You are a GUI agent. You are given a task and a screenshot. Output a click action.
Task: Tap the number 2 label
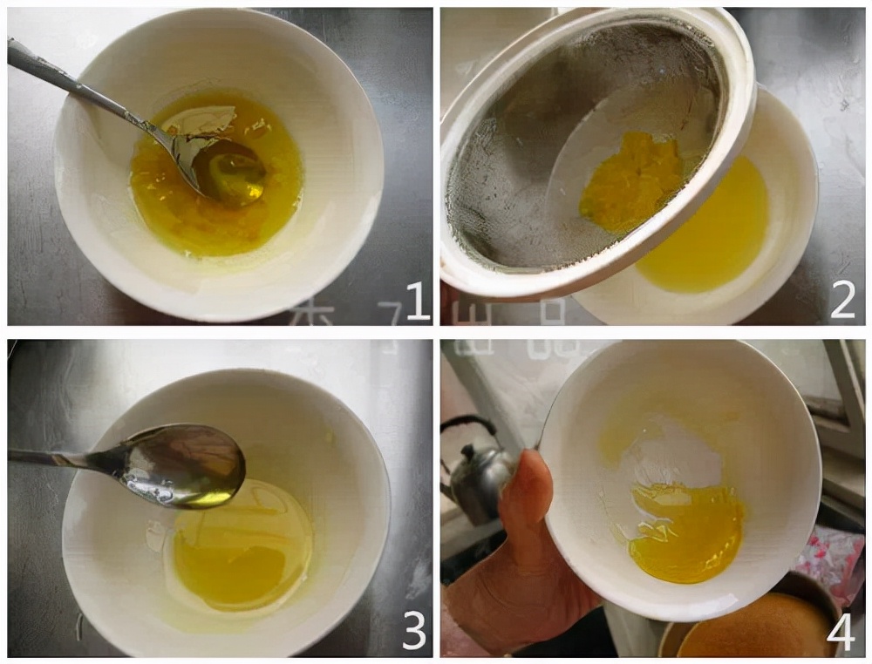[x=842, y=301]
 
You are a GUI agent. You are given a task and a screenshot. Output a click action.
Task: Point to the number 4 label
[x=841, y=633]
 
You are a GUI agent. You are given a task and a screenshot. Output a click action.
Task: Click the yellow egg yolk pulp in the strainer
[x=630, y=180]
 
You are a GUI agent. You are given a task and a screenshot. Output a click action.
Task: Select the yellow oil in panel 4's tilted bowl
[x=689, y=532]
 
